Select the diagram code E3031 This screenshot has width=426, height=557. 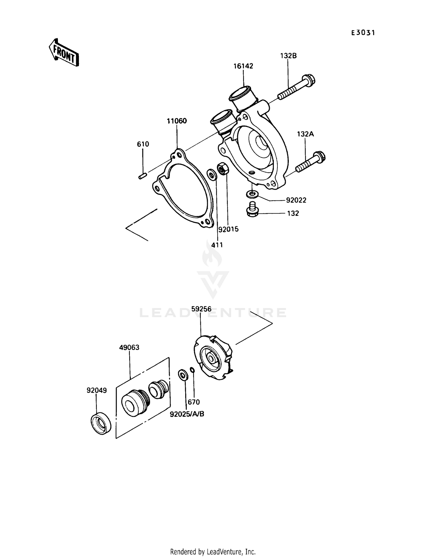click(x=363, y=33)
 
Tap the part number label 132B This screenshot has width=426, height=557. click(x=288, y=56)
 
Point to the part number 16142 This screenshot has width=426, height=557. click(x=243, y=66)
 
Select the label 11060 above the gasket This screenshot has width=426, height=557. click(x=177, y=121)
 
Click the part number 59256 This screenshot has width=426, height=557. click(x=201, y=309)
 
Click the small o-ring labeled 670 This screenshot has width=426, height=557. click(x=192, y=370)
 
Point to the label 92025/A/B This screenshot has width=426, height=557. click(x=187, y=414)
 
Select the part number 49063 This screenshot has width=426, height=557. click(x=129, y=347)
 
